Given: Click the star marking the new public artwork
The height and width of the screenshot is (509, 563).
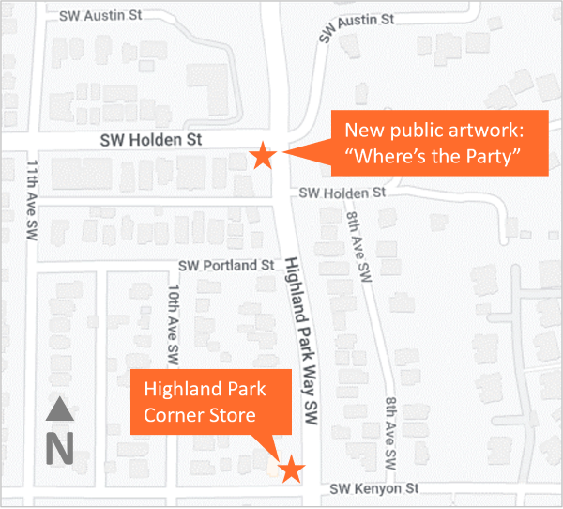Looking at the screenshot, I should coord(263,157).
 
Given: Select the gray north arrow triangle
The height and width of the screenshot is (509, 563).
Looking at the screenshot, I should coord(60,409).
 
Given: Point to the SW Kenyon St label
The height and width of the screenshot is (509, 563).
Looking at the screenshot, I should coord(375,489).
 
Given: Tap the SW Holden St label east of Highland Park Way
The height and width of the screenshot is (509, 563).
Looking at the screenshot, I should coord(342,192).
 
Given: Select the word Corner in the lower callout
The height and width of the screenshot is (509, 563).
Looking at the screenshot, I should coord(175,414).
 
